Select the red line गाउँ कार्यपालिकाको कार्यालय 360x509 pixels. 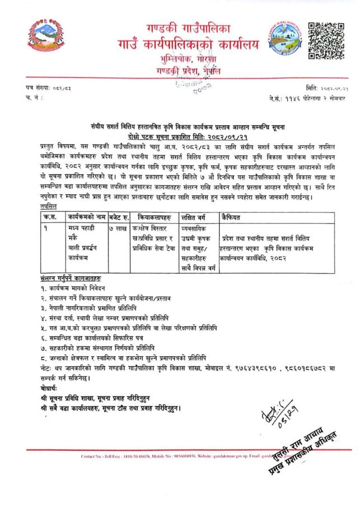tap(176, 43)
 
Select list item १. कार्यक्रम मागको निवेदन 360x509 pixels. tap(62, 289)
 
